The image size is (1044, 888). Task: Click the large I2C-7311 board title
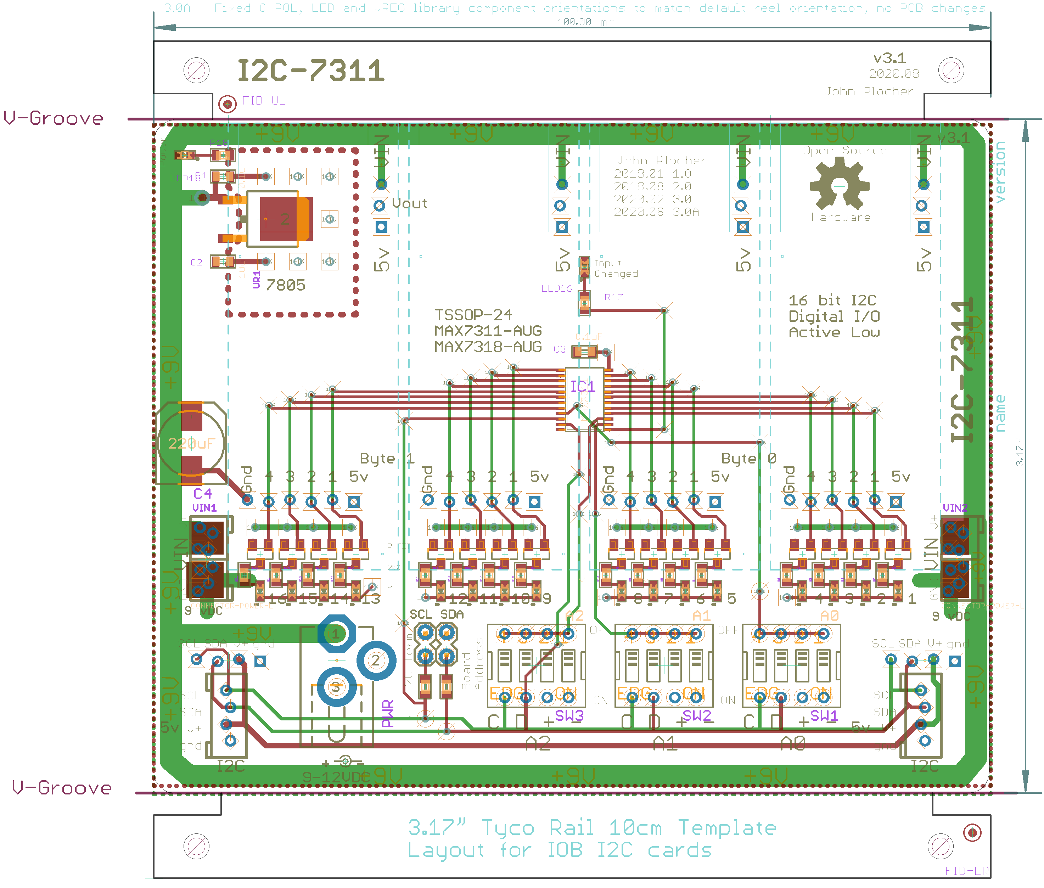click(x=310, y=71)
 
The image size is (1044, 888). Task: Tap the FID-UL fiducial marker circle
click(x=228, y=104)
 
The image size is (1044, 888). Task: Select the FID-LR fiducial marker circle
click(x=972, y=833)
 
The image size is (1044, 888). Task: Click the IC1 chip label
click(x=582, y=387)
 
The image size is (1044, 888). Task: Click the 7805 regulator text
click(x=285, y=286)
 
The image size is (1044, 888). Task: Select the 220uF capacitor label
click(x=191, y=444)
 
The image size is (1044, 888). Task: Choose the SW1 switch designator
click(x=824, y=716)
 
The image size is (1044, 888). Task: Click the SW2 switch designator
click(x=697, y=716)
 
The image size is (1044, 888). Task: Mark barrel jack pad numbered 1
click(x=336, y=633)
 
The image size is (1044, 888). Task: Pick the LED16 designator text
click(x=556, y=288)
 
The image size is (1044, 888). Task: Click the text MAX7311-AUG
click(x=488, y=331)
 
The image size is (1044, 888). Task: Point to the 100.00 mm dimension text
click(x=585, y=22)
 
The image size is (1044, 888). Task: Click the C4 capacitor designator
click(x=202, y=494)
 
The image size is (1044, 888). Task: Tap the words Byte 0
click(x=748, y=458)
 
